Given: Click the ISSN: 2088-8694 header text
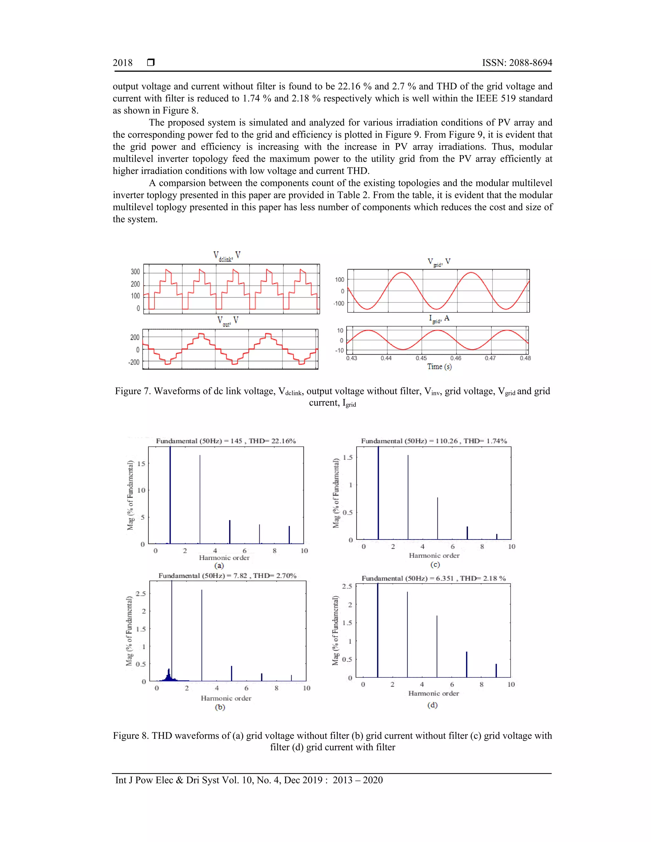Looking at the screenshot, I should (x=517, y=63).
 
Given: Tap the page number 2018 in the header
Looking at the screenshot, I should (x=122, y=63).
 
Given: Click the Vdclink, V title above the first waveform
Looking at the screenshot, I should (x=227, y=256).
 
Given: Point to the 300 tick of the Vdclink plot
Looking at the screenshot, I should (x=135, y=272).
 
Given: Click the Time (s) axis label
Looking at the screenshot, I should (x=439, y=367).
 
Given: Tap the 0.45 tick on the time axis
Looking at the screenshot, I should (x=421, y=358).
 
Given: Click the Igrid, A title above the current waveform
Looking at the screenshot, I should (x=439, y=319).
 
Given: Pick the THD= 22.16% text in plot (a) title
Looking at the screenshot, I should (x=272, y=441).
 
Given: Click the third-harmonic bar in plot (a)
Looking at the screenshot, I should (x=200, y=499).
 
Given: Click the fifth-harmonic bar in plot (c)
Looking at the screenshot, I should (x=437, y=519).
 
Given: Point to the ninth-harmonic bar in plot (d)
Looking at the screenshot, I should (x=496, y=671).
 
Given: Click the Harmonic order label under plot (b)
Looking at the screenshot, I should (x=226, y=698).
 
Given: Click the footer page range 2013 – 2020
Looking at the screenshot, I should (x=358, y=780).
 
